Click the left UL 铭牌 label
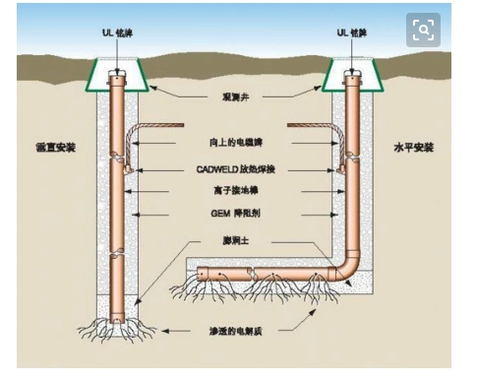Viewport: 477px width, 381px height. click(119, 32)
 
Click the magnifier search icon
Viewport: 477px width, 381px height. click(423, 30)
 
